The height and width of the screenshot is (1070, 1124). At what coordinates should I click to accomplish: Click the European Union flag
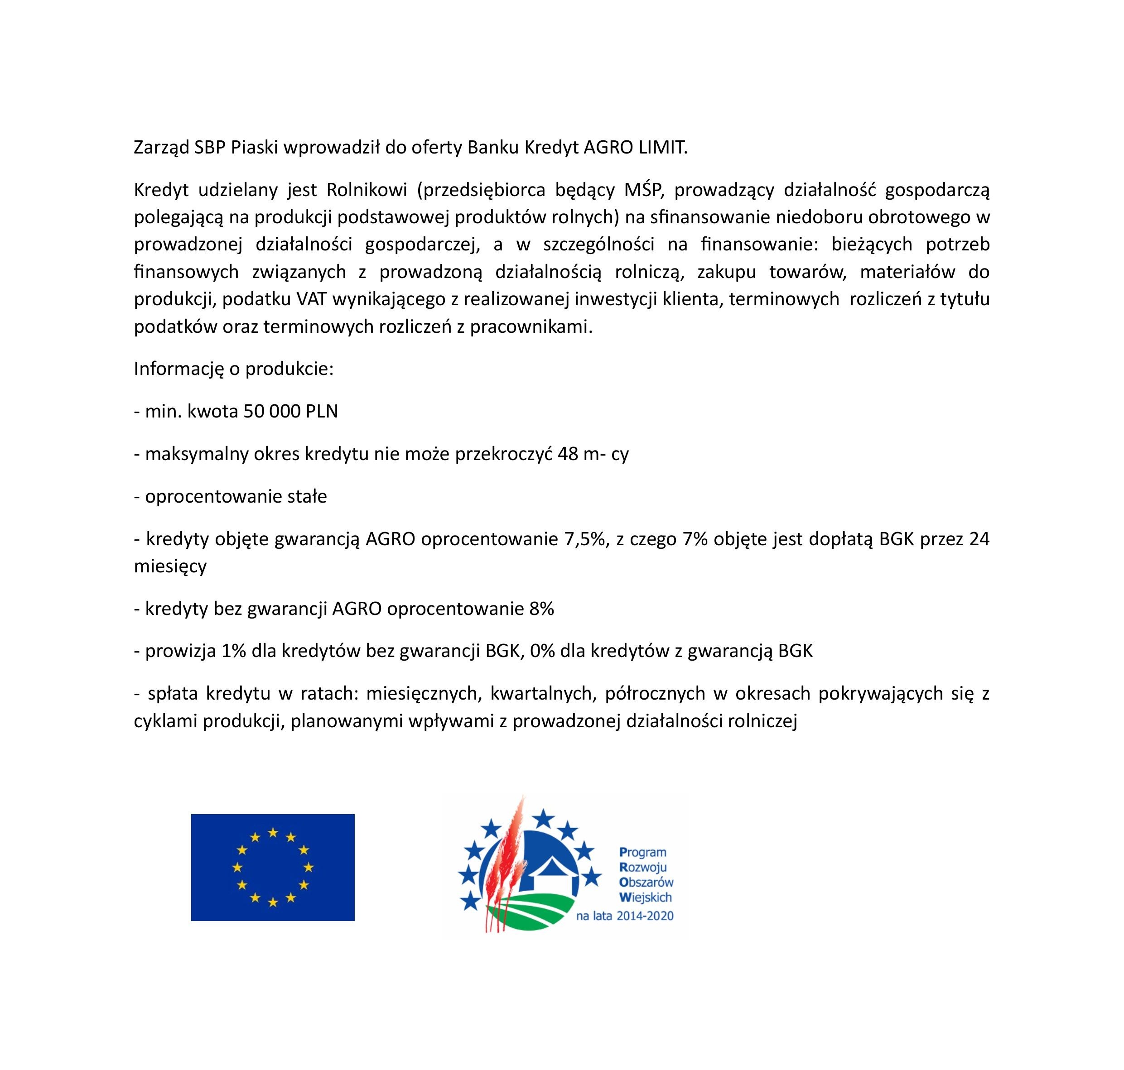(x=272, y=867)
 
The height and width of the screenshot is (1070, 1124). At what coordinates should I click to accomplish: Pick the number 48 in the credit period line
(x=568, y=454)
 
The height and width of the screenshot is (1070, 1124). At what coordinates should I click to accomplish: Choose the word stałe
(x=307, y=496)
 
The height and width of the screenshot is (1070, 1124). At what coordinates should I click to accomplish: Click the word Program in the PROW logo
(x=642, y=853)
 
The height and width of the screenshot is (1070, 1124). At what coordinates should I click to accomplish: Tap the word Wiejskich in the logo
(x=645, y=897)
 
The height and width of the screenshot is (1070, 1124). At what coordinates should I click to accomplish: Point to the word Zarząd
(x=161, y=148)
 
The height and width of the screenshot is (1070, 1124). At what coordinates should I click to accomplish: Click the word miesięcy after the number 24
(x=170, y=566)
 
